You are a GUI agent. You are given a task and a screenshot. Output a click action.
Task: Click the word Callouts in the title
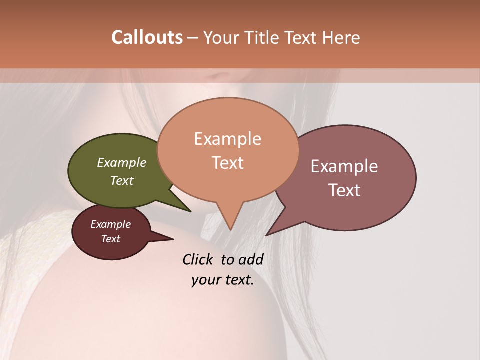pyautogui.click(x=147, y=37)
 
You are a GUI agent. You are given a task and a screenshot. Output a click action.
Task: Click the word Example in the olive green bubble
pyautogui.click(x=122, y=162)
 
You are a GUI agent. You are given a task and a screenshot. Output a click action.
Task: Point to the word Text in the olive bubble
pyautogui.click(x=122, y=180)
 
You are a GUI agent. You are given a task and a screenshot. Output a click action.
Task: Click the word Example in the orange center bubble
pyautogui.click(x=227, y=139)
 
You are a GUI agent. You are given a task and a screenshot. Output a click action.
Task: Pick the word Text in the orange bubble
pyautogui.click(x=227, y=163)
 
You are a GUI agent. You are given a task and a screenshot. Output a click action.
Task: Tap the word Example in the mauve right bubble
pyautogui.click(x=344, y=166)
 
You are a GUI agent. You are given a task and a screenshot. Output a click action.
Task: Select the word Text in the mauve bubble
pyautogui.click(x=344, y=190)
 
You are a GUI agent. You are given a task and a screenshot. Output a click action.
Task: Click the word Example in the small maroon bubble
pyautogui.click(x=110, y=224)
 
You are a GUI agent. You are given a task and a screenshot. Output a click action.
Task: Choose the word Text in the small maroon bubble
pyautogui.click(x=110, y=239)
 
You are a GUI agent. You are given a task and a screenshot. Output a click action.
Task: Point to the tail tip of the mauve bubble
pyautogui.click(x=266, y=235)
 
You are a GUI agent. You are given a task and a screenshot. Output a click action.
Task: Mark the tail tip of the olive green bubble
pyautogui.click(x=190, y=211)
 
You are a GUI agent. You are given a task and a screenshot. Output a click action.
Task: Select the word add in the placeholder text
pyautogui.click(x=251, y=259)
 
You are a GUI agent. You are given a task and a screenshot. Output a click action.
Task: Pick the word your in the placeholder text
pyautogui.click(x=205, y=280)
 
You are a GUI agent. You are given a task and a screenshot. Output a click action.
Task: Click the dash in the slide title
pyautogui.click(x=193, y=38)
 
